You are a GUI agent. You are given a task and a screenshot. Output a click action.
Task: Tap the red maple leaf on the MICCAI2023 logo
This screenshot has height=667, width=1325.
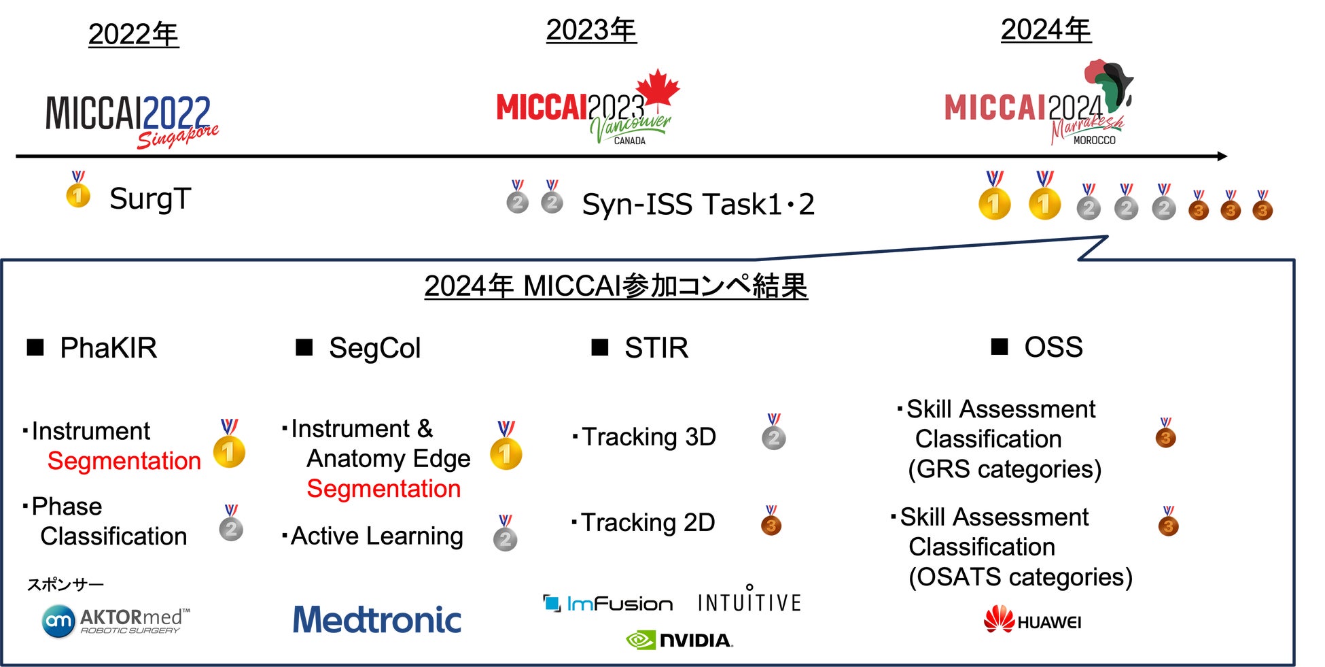point(658,89)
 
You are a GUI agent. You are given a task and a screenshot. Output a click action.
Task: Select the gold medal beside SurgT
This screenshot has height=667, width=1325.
point(78,190)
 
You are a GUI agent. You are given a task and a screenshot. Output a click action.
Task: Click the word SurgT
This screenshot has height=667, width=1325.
point(150,199)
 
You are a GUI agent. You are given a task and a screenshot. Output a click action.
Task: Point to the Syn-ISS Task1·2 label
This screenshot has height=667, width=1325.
point(699,204)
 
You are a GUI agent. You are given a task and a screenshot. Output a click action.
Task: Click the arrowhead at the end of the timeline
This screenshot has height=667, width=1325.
point(1222,156)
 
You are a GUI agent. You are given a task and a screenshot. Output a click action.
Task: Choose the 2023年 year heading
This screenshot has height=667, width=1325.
point(591,30)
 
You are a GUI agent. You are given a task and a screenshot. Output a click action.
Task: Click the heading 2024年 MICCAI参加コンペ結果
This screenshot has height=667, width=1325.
point(616,286)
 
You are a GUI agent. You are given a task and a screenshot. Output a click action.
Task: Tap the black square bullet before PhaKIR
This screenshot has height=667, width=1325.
point(35,347)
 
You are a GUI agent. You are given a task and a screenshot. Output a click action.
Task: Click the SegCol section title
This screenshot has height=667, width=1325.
point(374,348)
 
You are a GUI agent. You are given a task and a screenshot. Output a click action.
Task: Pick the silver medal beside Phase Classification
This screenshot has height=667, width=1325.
point(231,523)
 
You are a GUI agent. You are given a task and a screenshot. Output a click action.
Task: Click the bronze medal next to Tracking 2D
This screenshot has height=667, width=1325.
point(771,521)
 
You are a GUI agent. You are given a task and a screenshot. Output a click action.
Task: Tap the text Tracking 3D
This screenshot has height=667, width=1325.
point(649,437)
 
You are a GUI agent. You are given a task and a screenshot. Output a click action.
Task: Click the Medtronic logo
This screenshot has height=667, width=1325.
point(377,619)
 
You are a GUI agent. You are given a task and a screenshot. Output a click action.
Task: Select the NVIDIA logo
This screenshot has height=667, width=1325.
point(679,640)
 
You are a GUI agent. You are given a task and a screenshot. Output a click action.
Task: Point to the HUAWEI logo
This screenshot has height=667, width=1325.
point(1032,619)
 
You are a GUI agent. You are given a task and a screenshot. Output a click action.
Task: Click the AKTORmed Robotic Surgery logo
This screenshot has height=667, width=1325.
point(116,621)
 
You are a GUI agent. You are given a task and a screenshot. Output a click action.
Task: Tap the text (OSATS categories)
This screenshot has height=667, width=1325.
point(1021,577)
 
